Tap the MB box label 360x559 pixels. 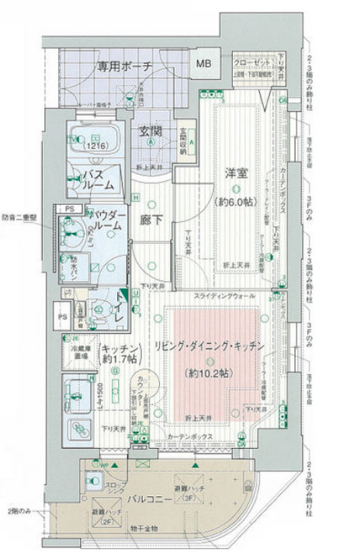[x=203, y=64]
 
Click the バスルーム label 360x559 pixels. [x=99, y=180]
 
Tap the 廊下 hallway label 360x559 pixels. [x=151, y=220]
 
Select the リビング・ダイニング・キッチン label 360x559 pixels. [x=208, y=345]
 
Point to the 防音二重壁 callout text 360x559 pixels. [x=19, y=217]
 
